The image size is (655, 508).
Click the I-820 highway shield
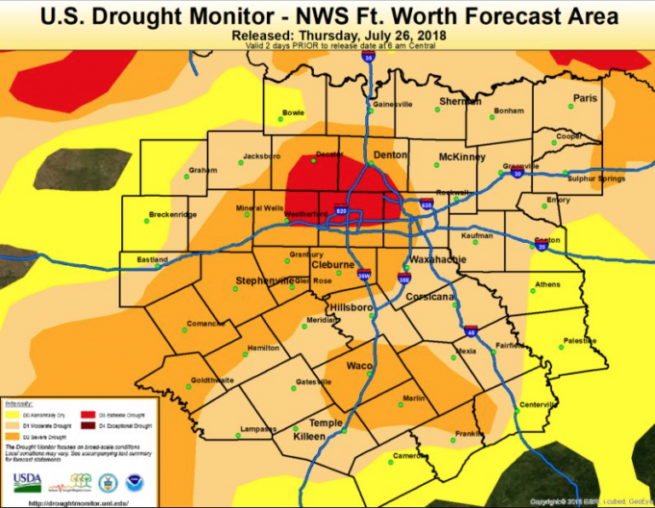click(341, 211)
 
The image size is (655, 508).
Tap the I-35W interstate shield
click(363, 274)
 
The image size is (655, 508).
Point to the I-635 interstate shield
click(426, 204)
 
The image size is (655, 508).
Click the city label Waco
click(358, 366)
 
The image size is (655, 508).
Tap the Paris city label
click(585, 98)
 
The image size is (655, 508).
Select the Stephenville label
click(264, 280)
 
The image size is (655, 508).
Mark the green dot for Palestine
click(564, 347)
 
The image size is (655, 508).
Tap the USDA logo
click(27, 482)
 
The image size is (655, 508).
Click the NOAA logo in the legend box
click(134, 483)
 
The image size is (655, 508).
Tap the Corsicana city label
click(430, 297)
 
